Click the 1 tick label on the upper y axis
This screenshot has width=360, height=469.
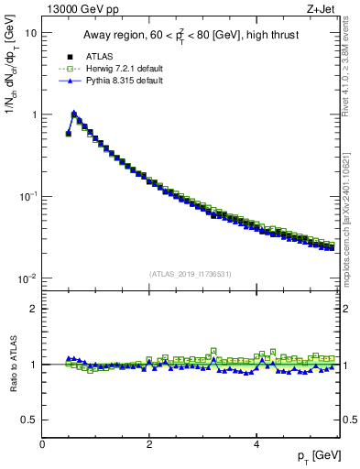pyautogui.click(x=34, y=115)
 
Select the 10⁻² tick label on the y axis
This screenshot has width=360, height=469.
pyautogui.click(x=28, y=278)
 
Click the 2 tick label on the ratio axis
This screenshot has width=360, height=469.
pyautogui.click(x=34, y=309)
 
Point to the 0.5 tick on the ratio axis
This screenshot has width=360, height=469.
pyautogui.click(x=30, y=420)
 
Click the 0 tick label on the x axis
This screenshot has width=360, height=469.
pyautogui.click(x=42, y=443)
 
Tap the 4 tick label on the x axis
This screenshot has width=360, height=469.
pyautogui.click(x=256, y=443)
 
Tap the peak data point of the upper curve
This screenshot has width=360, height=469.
pyautogui.click(x=74, y=115)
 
